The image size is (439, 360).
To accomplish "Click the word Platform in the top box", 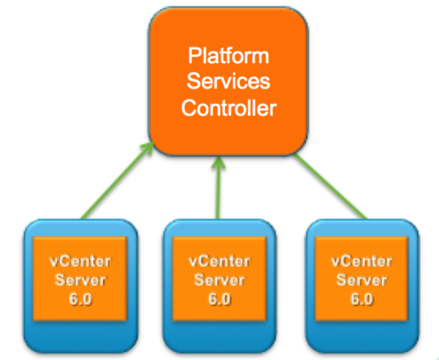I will (x=228, y=57).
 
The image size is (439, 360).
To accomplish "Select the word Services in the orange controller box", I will (x=228, y=81).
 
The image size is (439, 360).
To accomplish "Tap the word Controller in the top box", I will (x=228, y=108).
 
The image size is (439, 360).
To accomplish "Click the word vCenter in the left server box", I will (x=80, y=261).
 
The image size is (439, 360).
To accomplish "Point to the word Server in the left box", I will (x=80, y=280).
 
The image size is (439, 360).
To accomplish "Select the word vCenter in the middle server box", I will (x=219, y=261).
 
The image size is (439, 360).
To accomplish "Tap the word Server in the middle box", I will (x=219, y=280).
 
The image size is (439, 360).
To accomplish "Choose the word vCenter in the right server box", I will (x=361, y=261).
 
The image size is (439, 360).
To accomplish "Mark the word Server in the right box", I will (x=361, y=280).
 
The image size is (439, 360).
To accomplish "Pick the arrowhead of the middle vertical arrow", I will (x=217, y=164).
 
